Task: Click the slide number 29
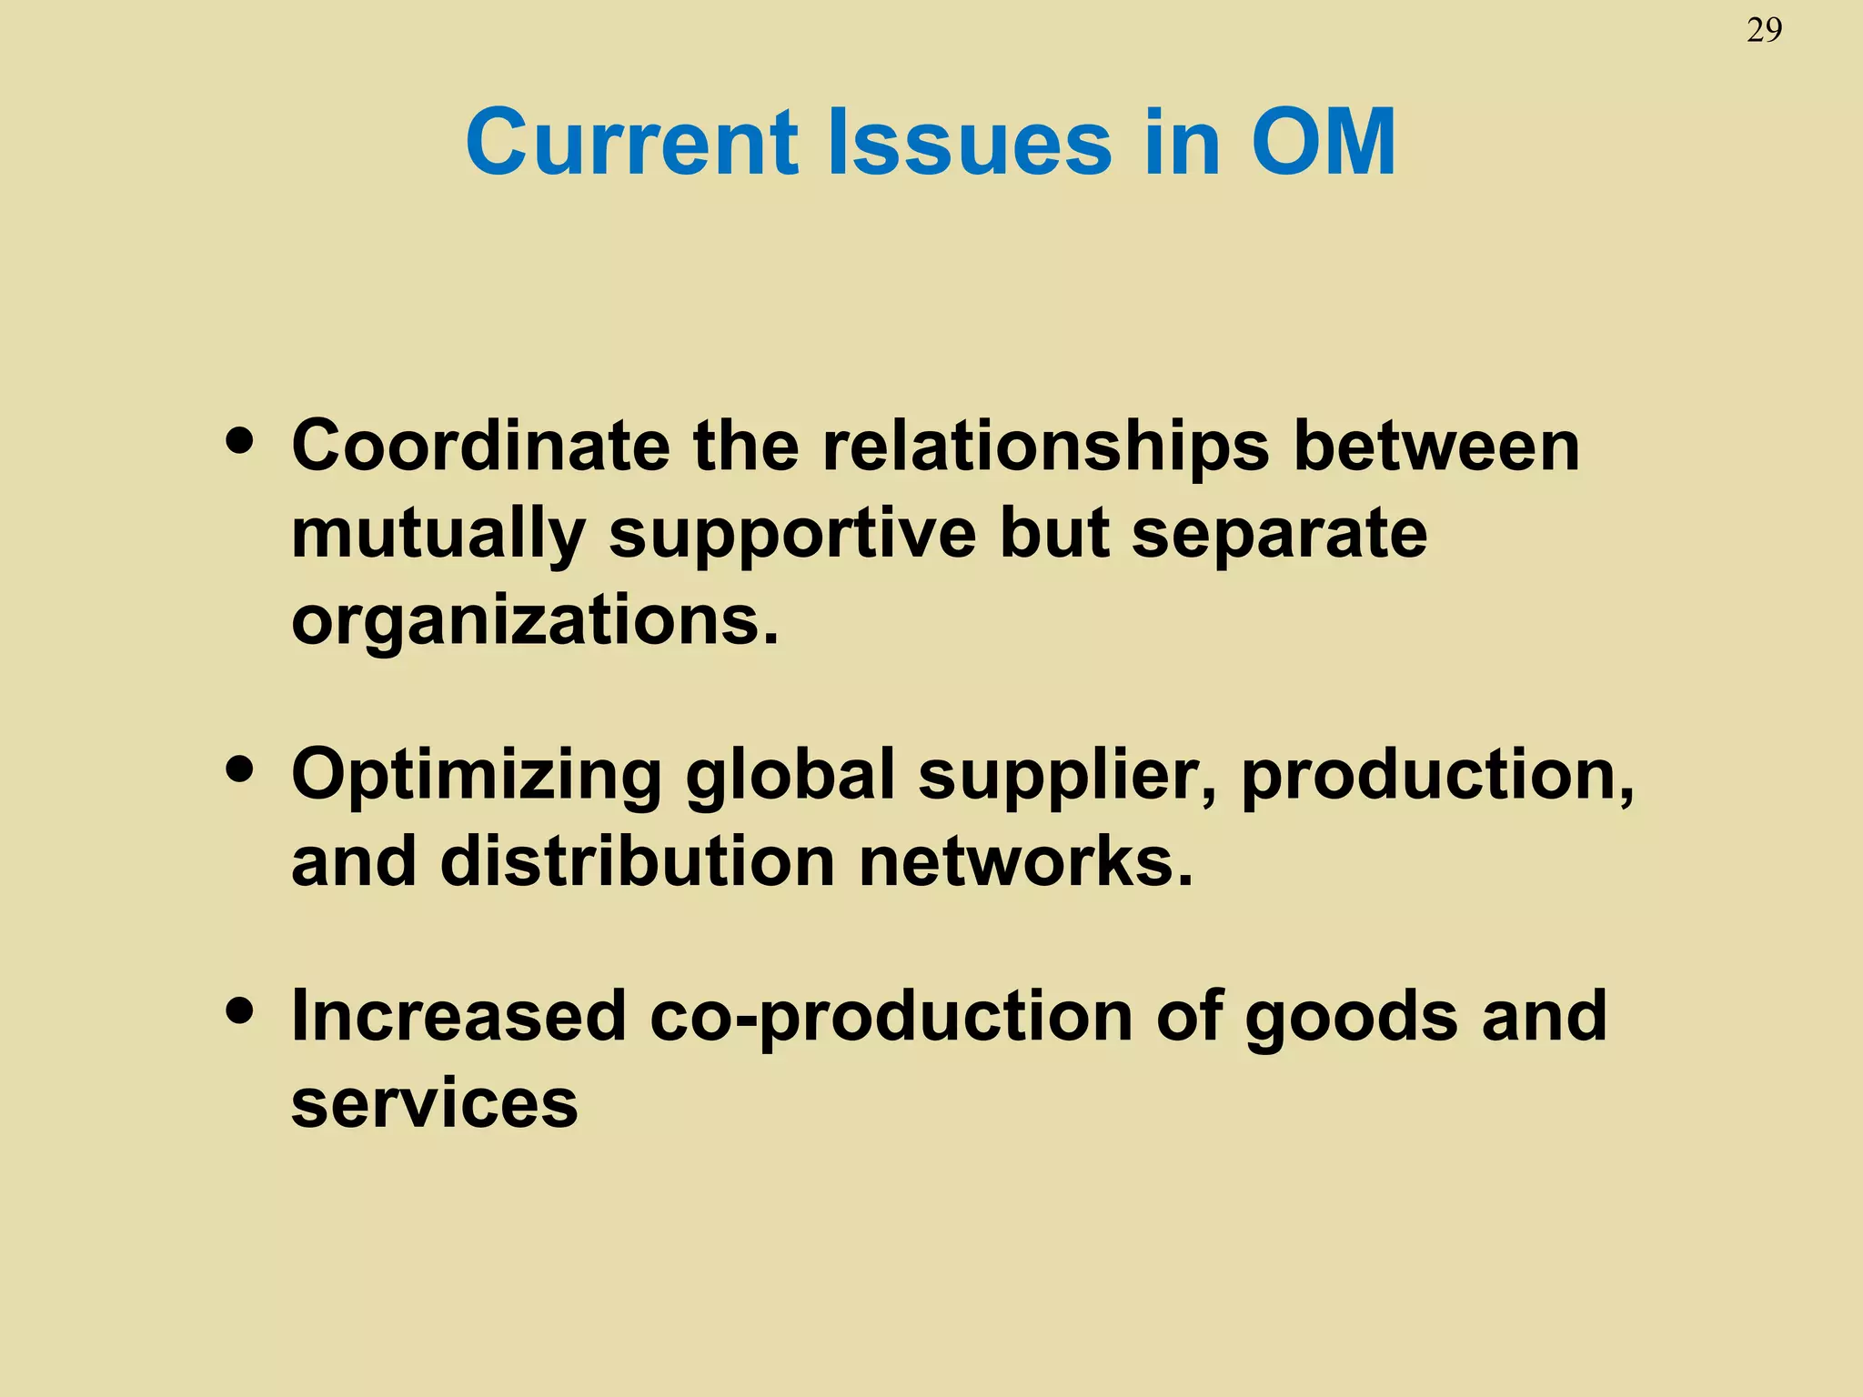click(x=1764, y=31)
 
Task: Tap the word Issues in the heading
click(x=971, y=143)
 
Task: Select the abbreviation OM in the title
click(x=1324, y=143)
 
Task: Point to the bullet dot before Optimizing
click(x=240, y=769)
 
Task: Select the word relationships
click(x=1045, y=447)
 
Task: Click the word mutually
click(x=438, y=535)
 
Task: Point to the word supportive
click(x=792, y=535)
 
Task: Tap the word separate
click(x=1279, y=535)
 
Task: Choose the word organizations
click(x=535, y=622)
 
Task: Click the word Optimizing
click(x=476, y=776)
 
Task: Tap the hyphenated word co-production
click(x=891, y=1017)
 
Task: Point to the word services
click(x=434, y=1102)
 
